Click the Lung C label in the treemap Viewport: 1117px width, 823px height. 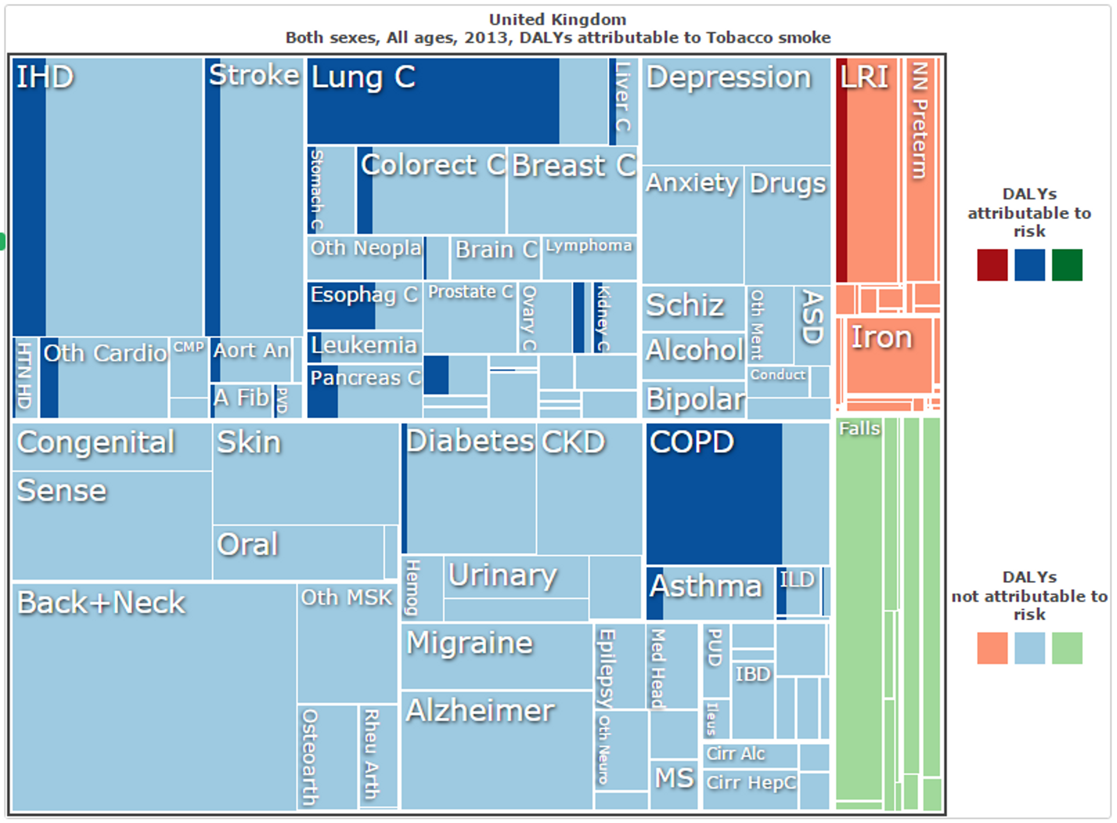363,78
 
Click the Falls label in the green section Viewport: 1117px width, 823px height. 859,429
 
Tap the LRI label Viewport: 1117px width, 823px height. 864,78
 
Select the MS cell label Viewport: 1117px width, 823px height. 674,777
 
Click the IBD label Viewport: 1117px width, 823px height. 753,674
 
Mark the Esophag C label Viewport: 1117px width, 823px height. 364,294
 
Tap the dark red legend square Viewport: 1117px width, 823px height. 992,265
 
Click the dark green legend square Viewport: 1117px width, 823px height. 1067,265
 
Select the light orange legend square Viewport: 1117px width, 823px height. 992,648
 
